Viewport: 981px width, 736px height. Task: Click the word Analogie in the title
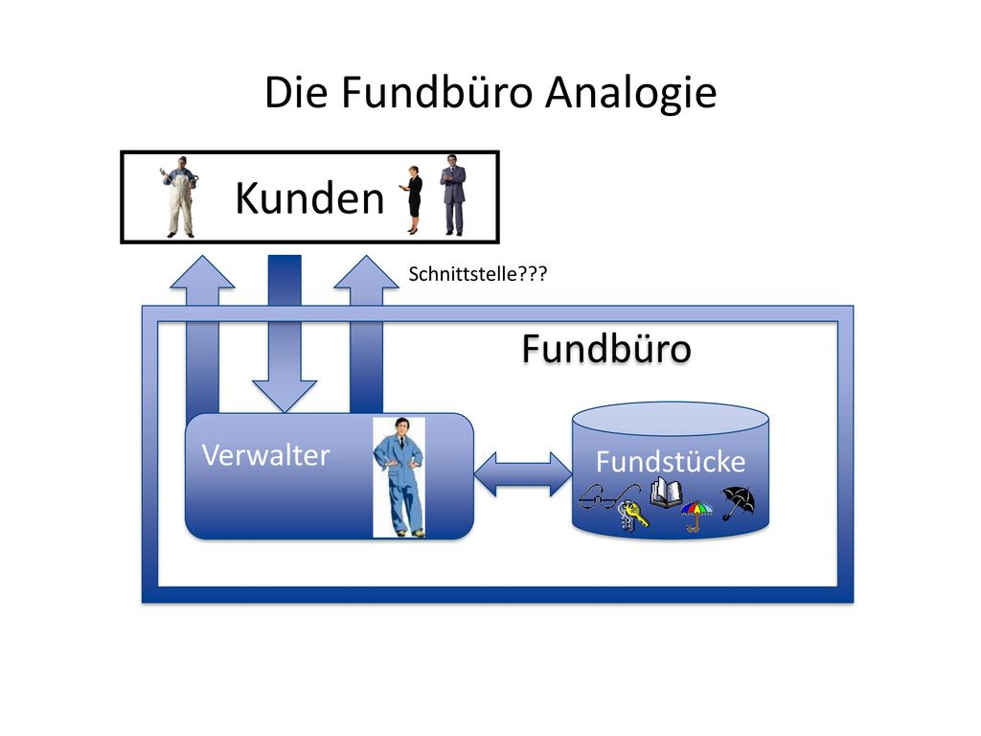pyautogui.click(x=630, y=94)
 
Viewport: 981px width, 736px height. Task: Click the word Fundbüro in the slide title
pyautogui.click(x=437, y=93)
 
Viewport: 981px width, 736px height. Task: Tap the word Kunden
pyautogui.click(x=309, y=198)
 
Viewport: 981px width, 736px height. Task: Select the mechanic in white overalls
pyautogui.click(x=180, y=196)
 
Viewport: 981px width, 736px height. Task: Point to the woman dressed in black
pyautogui.click(x=412, y=200)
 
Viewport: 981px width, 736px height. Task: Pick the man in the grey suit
pyautogui.click(x=453, y=195)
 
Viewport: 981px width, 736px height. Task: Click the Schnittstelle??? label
pyautogui.click(x=478, y=274)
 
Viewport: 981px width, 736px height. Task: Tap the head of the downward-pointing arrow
pyautogui.click(x=285, y=396)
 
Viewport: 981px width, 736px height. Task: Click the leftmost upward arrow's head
pyautogui.click(x=202, y=273)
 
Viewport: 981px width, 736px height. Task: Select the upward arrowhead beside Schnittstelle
pyautogui.click(x=366, y=273)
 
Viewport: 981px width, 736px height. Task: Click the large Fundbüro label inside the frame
pyautogui.click(x=606, y=348)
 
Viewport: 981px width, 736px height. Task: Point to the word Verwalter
pyautogui.click(x=266, y=455)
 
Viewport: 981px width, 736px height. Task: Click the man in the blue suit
pyautogui.click(x=399, y=477)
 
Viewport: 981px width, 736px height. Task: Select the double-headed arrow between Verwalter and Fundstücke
pyautogui.click(x=523, y=473)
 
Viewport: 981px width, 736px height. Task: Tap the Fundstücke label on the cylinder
pyautogui.click(x=671, y=462)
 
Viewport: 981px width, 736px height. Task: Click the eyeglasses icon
pyautogui.click(x=608, y=497)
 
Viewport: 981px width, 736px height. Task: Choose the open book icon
pyautogui.click(x=666, y=493)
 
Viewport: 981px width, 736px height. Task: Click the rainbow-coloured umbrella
pyautogui.click(x=697, y=515)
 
